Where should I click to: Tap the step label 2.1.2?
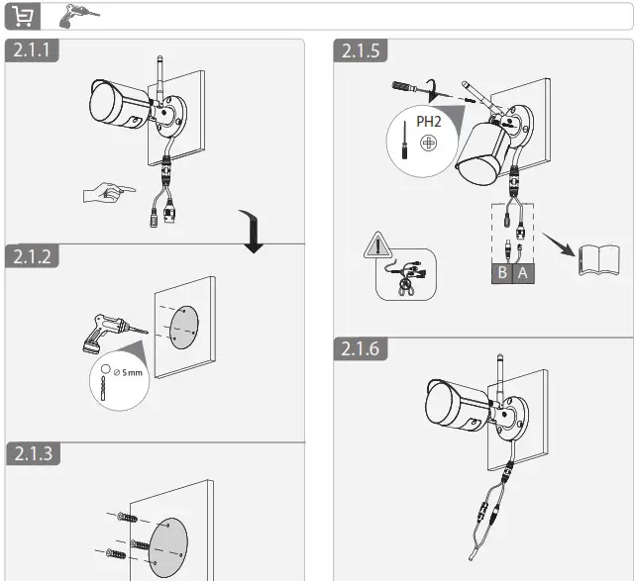(33, 255)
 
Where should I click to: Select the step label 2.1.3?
(33, 454)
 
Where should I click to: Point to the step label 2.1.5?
(363, 51)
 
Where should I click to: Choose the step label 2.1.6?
(363, 348)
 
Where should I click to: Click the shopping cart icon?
(21, 16)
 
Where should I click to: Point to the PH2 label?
(428, 121)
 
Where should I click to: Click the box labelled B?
(502, 272)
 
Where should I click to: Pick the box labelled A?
(523, 272)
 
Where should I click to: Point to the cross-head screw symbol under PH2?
(428, 144)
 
